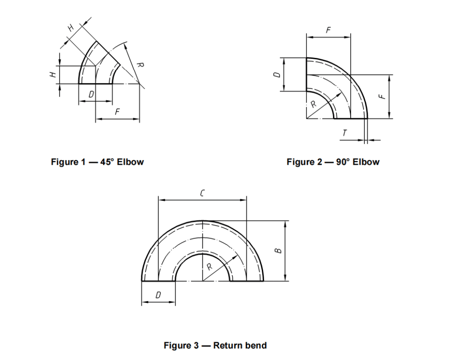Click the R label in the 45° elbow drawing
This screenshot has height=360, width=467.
[x=140, y=66]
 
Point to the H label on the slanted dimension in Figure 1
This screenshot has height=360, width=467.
[x=71, y=28]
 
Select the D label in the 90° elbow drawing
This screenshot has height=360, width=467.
[x=275, y=74]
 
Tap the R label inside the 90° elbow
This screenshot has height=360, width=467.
[x=313, y=104]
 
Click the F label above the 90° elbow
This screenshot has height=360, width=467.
[x=328, y=30]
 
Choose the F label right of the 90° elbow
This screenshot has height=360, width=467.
[x=382, y=96]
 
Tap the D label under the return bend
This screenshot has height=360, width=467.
[x=158, y=295]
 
